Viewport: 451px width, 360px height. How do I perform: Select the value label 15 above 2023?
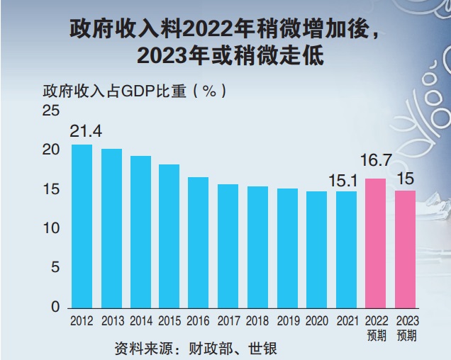405,176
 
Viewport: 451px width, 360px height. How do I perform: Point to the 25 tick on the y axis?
51,111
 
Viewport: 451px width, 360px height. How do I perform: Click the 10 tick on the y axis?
51,229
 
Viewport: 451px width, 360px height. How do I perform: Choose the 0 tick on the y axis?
55,308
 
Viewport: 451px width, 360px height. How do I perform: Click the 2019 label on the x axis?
288,321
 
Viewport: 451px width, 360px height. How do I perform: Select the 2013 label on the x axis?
112,321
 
